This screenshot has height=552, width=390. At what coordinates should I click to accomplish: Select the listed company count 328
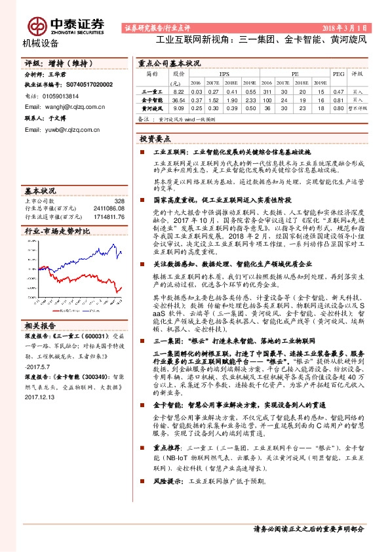(x=119, y=201)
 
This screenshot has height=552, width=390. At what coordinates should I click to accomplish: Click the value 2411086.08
(x=109, y=208)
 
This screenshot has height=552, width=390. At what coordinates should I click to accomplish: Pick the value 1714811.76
(x=109, y=216)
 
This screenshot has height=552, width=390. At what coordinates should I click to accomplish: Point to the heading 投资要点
(x=156, y=140)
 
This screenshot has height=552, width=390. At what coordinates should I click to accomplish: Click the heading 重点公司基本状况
(x=170, y=64)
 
